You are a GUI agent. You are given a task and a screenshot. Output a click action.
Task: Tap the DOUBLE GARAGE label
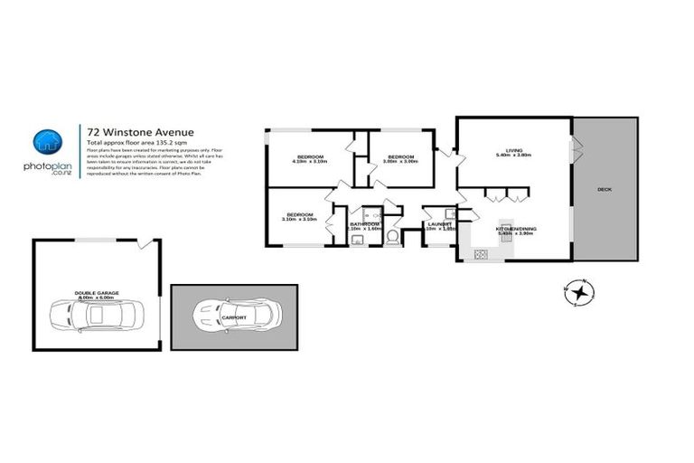click(97, 293)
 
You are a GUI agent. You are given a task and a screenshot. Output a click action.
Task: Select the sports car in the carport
click(236, 314)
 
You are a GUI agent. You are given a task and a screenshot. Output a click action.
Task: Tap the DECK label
click(605, 190)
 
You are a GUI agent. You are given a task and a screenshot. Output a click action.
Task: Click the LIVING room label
click(513, 150)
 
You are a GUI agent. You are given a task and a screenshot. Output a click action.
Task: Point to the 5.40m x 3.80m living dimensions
click(513, 156)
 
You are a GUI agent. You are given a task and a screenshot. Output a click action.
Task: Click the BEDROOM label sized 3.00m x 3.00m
click(401, 156)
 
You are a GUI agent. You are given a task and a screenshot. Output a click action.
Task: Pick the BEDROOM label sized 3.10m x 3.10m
click(297, 214)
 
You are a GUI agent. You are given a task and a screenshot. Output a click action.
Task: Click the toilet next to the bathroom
click(392, 239)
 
